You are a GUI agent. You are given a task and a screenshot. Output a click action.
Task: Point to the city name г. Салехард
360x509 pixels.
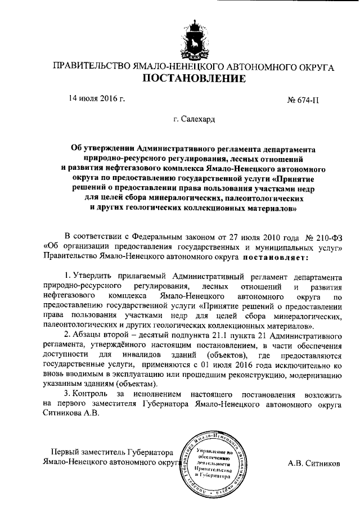193,119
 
